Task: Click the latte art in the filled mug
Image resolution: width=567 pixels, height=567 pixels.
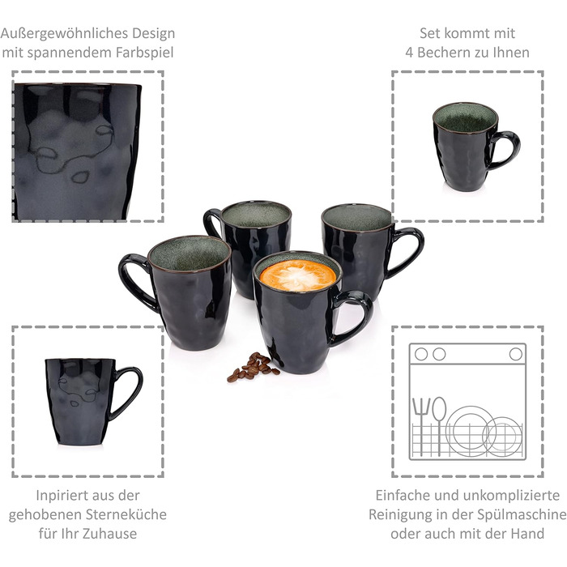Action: click(297, 275)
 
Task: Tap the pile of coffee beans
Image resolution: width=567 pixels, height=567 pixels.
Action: click(253, 367)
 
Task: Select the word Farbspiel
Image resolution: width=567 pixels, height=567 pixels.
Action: click(145, 53)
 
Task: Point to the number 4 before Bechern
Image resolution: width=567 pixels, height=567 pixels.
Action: click(409, 53)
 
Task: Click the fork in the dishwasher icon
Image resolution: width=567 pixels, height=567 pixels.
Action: click(421, 426)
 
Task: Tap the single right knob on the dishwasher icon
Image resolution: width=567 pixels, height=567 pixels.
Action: click(516, 355)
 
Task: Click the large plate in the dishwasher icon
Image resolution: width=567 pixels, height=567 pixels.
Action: click(469, 429)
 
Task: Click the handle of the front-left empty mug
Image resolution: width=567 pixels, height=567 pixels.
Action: click(133, 280)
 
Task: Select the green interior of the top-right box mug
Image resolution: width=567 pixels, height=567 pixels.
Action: click(465, 118)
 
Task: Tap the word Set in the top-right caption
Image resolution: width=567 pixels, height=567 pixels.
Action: click(430, 34)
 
